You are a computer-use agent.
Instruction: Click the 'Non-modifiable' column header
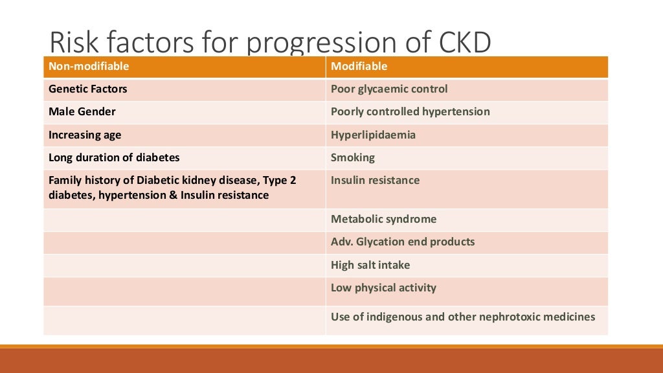tap(89, 67)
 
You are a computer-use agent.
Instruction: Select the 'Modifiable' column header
tap(359, 67)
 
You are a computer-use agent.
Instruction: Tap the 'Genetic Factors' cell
tap(88, 89)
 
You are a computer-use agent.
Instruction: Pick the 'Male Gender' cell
tap(82, 112)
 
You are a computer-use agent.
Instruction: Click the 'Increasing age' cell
tap(85, 135)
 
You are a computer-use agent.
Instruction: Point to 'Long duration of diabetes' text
tap(114, 157)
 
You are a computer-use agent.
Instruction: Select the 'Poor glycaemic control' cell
tap(389, 89)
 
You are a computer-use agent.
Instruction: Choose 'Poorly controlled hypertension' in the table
tap(410, 112)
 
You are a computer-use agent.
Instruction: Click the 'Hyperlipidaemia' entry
tap(373, 135)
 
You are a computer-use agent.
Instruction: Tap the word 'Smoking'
tap(352, 157)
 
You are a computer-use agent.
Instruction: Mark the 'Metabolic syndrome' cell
tap(383, 220)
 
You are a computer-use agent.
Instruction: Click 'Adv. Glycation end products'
tap(402, 242)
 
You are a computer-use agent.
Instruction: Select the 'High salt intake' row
tap(370, 265)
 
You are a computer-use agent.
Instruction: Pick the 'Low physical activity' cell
tap(383, 288)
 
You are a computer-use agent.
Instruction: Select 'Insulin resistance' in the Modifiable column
tap(375, 180)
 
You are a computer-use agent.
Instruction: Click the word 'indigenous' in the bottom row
tap(398, 317)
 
